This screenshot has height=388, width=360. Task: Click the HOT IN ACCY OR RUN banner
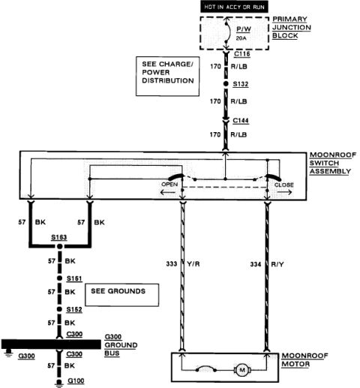tap(234, 7)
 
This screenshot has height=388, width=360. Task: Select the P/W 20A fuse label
tap(244, 33)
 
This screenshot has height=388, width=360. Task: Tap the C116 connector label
tap(242, 54)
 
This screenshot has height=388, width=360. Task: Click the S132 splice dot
tap(226, 84)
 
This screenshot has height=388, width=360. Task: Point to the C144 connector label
tap(241, 121)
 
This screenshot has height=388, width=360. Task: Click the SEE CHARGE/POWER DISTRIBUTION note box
tap(167, 76)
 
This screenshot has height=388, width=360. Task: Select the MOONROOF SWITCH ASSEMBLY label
tap(333, 163)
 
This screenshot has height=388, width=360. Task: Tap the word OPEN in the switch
tap(169, 185)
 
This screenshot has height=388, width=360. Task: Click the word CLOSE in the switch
tap(284, 185)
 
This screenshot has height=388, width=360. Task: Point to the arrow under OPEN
tap(168, 192)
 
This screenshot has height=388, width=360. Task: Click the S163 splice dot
tap(59, 246)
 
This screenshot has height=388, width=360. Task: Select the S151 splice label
tap(74, 278)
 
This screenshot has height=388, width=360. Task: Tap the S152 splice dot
tap(59, 309)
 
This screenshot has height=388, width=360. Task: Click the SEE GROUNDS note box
tap(122, 295)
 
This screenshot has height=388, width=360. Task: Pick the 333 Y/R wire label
tap(183, 264)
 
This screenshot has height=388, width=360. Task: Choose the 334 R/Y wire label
tap(267, 264)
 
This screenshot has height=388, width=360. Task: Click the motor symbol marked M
tap(242, 370)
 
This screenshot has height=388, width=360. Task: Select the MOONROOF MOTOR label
tap(304, 359)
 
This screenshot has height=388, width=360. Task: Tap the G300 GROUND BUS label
tap(121, 345)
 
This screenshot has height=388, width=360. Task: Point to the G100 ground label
tap(76, 380)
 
